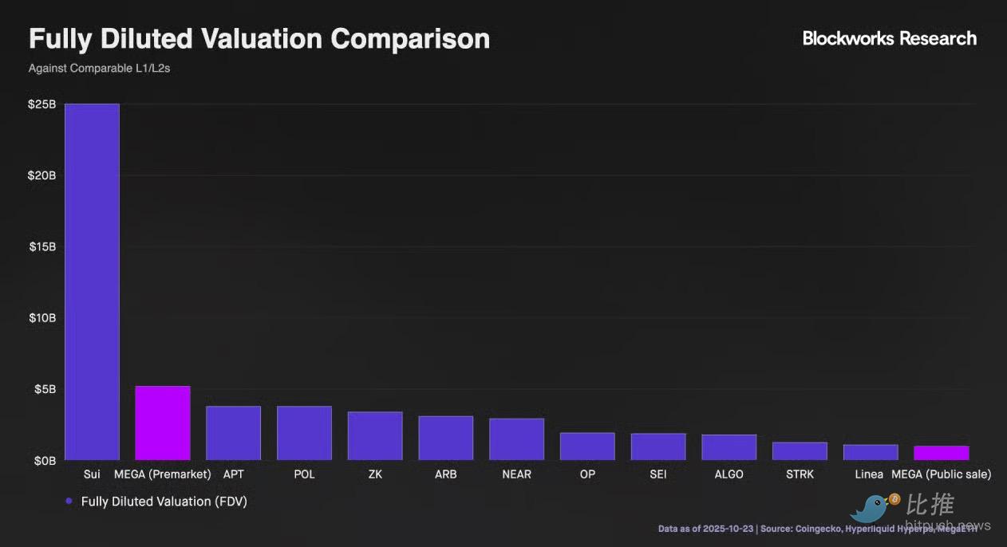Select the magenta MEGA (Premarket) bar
coord(163,423)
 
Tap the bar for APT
coord(233,433)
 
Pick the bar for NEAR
coord(516,439)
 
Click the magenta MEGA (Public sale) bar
coord(942,453)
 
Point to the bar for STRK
coord(800,451)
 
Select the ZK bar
coord(375,435)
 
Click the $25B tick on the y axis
coord(42,104)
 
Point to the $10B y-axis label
coord(42,318)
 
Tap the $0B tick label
coord(45,460)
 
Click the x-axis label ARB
coord(445,474)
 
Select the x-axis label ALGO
coord(729,474)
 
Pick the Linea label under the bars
coord(869,474)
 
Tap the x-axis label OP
coord(587,474)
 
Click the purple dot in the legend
coord(69,502)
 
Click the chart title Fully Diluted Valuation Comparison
coord(259,39)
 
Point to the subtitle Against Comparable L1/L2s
coord(99,69)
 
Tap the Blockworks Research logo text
coord(889,38)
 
